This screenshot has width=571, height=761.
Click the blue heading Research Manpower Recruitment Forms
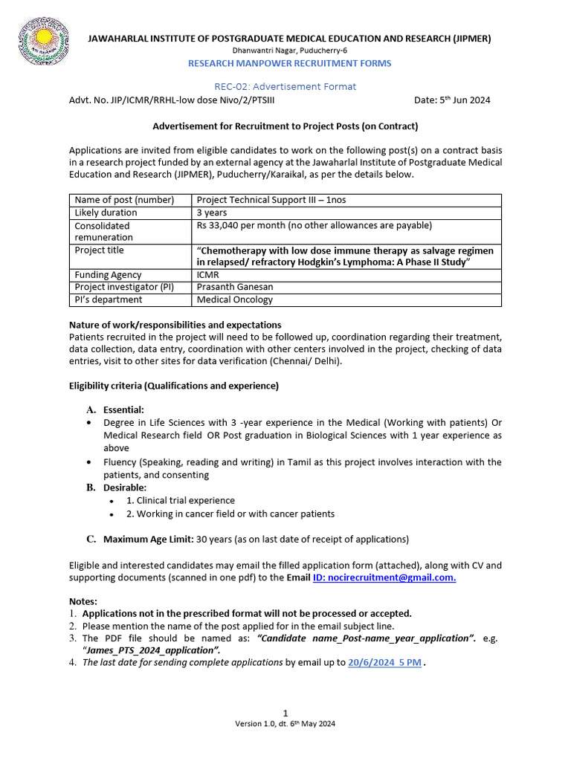[289, 64]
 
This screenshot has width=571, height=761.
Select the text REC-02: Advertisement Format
[285, 87]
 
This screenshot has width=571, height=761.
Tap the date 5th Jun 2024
[452, 100]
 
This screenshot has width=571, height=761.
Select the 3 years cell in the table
[212, 213]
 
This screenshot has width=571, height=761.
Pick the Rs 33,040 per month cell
[314, 225]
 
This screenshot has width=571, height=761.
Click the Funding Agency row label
[108, 275]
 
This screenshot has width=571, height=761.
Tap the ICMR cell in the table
[208, 275]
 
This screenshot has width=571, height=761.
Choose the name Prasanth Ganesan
[235, 288]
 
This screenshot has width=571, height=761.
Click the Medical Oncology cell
[234, 300]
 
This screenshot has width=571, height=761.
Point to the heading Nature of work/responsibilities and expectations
[175, 325]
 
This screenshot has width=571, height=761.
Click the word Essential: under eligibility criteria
[123, 409]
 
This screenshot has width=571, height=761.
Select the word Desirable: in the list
[125, 488]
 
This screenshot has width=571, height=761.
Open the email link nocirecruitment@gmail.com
[384, 577]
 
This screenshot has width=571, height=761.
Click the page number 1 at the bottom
[285, 713]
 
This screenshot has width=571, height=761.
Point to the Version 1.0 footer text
[285, 724]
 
